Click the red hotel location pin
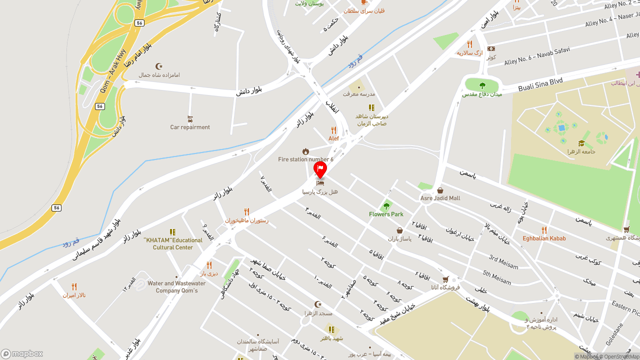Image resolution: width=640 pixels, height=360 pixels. click(320, 169)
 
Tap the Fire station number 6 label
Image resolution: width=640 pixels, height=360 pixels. click(305, 159)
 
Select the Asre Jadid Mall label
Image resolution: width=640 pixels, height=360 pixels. click(440, 198)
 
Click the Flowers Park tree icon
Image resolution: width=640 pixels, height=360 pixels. click(386, 205)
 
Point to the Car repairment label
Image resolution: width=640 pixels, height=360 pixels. click(190, 127)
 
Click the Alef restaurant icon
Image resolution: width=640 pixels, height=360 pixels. click(333, 130)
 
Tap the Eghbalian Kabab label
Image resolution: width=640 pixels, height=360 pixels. click(544, 238)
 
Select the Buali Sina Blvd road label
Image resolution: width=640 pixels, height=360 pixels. click(540, 84)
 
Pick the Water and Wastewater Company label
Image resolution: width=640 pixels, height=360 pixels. click(176, 287)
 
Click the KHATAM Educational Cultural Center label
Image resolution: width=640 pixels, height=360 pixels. click(173, 243)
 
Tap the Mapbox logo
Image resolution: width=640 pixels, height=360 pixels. click(22, 353)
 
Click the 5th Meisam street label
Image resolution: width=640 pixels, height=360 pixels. click(497, 276)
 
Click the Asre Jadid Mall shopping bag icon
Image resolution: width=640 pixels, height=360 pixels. click(440, 190)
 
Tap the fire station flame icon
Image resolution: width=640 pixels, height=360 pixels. click(305, 151)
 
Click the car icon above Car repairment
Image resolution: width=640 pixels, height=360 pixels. click(190, 119)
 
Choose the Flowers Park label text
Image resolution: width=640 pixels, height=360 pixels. click(386, 214)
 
